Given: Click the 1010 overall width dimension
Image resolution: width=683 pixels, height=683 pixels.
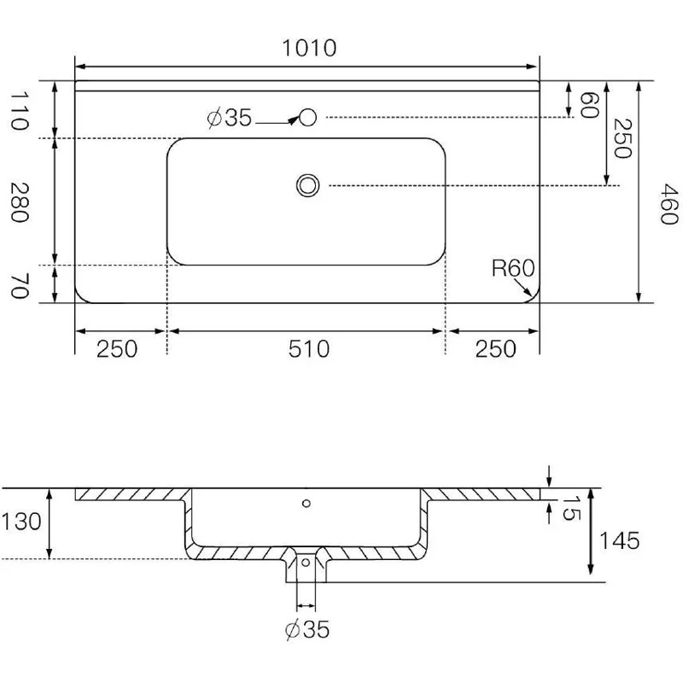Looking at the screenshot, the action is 309,48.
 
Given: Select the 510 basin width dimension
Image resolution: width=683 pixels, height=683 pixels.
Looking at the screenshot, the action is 309,349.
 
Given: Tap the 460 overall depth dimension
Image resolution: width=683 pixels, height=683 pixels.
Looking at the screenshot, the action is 668,204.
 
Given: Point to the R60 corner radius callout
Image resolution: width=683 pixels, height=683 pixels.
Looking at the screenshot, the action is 513,268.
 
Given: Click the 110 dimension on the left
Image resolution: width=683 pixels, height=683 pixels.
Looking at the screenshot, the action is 20,111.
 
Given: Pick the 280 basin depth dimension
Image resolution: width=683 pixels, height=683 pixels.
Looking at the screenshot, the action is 20,202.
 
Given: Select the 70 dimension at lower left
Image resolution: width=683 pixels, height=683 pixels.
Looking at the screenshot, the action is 20,286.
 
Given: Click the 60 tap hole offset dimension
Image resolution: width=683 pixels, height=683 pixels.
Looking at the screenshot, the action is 589,104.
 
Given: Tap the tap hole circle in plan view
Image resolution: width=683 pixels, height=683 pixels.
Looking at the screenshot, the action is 307,117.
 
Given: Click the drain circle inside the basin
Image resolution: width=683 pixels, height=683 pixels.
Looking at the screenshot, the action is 307,185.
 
